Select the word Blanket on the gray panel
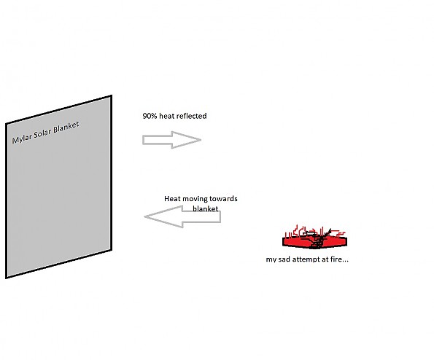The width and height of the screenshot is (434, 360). (x=66, y=127)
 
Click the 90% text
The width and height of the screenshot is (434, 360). (x=150, y=116)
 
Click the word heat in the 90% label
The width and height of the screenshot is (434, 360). (x=167, y=116)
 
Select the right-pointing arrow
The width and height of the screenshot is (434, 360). (x=171, y=140)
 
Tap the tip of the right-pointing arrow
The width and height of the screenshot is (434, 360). (x=201, y=140)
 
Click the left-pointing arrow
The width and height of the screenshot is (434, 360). (x=182, y=216)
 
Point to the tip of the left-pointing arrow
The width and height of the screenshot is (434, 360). (x=144, y=216)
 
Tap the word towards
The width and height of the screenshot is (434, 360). (x=223, y=199)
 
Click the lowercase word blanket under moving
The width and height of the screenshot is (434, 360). (x=206, y=208)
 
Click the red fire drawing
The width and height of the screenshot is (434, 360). (x=314, y=238)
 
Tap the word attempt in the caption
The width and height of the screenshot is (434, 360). (x=303, y=259)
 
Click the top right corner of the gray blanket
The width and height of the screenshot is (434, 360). (x=112, y=95)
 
